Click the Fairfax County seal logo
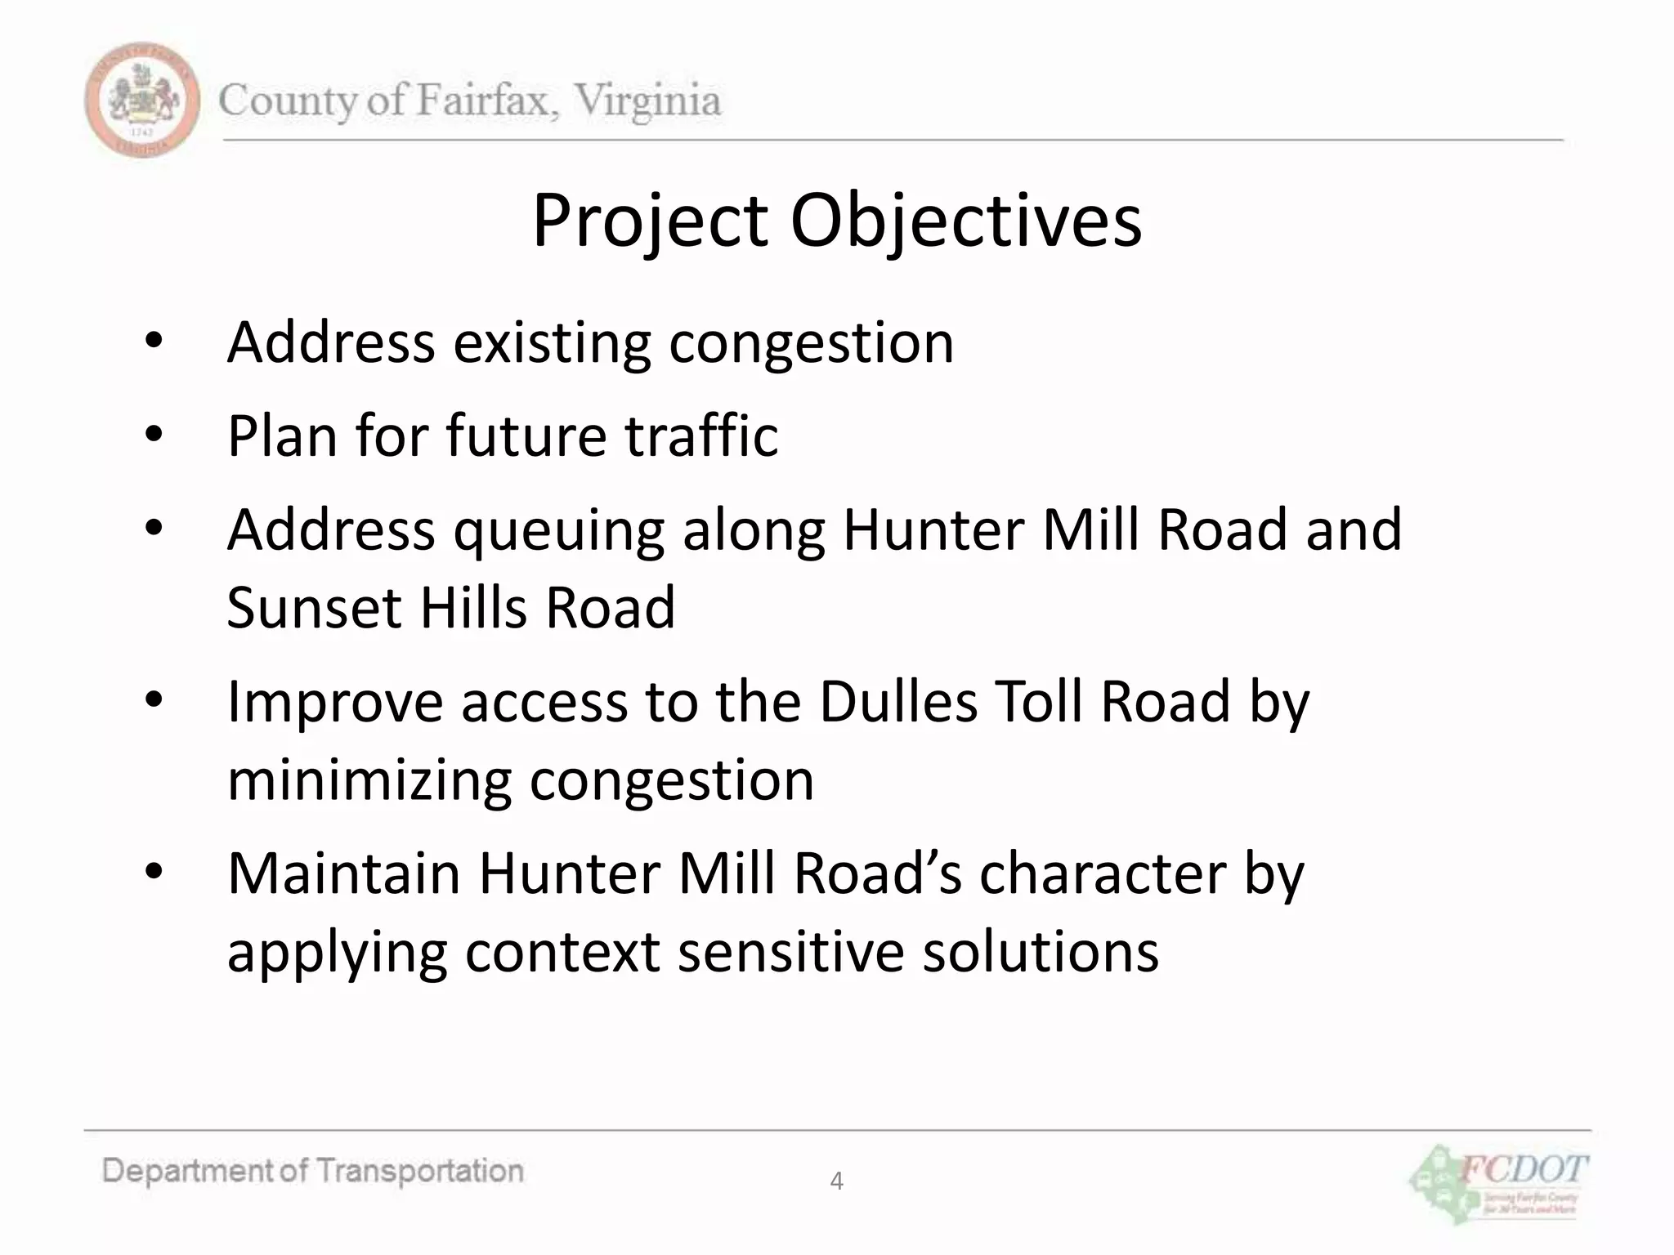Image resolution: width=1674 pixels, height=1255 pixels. pyautogui.click(x=142, y=100)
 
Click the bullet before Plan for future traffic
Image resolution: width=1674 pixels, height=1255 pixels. pyautogui.click(x=154, y=435)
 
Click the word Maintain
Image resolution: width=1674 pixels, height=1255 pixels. pyautogui.click(x=343, y=873)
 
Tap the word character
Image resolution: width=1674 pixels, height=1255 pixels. pyautogui.click(x=1103, y=873)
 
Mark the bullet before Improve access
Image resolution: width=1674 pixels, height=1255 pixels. pyautogui.click(x=154, y=701)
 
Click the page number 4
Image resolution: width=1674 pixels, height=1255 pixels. pyautogui.click(x=836, y=1181)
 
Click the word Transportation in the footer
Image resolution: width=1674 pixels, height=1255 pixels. pyautogui.click(x=419, y=1172)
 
